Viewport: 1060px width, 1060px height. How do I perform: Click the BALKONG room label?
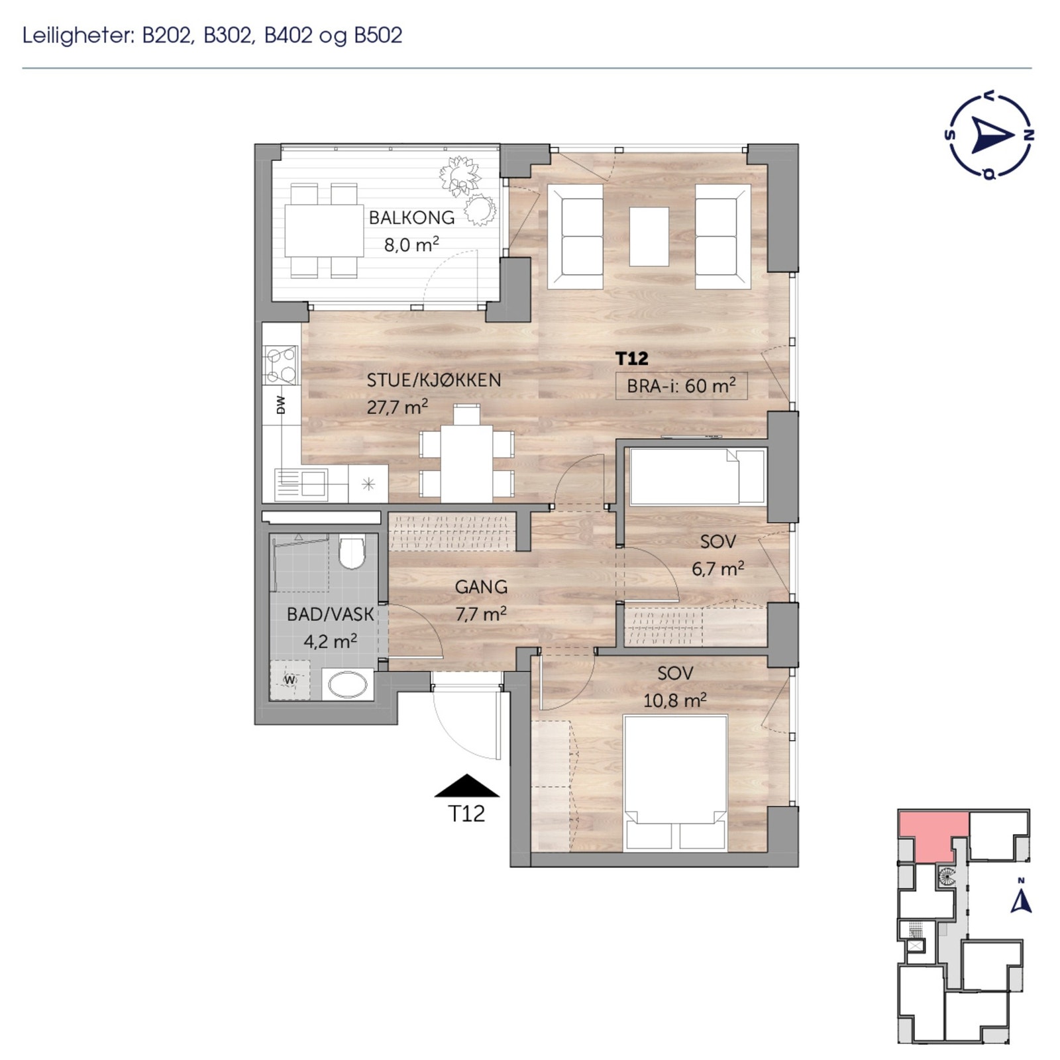click(x=411, y=217)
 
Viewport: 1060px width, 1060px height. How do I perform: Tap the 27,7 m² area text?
click(x=397, y=407)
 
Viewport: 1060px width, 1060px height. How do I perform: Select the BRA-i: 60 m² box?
click(x=681, y=386)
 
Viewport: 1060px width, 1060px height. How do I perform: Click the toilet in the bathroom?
click(x=352, y=553)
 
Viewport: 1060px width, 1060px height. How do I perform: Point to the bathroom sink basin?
click(x=348, y=684)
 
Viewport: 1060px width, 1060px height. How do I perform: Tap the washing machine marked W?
click(x=290, y=680)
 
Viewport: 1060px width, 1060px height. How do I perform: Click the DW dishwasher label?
click(x=280, y=405)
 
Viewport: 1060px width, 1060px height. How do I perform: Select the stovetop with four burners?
click(x=280, y=365)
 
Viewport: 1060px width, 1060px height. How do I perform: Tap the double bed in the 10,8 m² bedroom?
click(x=675, y=782)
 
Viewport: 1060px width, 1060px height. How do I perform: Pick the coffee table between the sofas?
click(x=649, y=237)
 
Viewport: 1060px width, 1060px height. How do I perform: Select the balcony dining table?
click(x=324, y=231)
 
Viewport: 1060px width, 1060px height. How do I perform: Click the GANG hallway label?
click(x=481, y=587)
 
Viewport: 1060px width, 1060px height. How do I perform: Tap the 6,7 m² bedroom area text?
click(x=717, y=569)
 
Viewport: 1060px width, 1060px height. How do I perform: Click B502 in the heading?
click(x=378, y=35)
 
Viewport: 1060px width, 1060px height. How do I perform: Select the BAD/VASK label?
click(x=330, y=614)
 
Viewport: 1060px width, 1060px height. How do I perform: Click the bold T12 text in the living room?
click(x=631, y=358)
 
